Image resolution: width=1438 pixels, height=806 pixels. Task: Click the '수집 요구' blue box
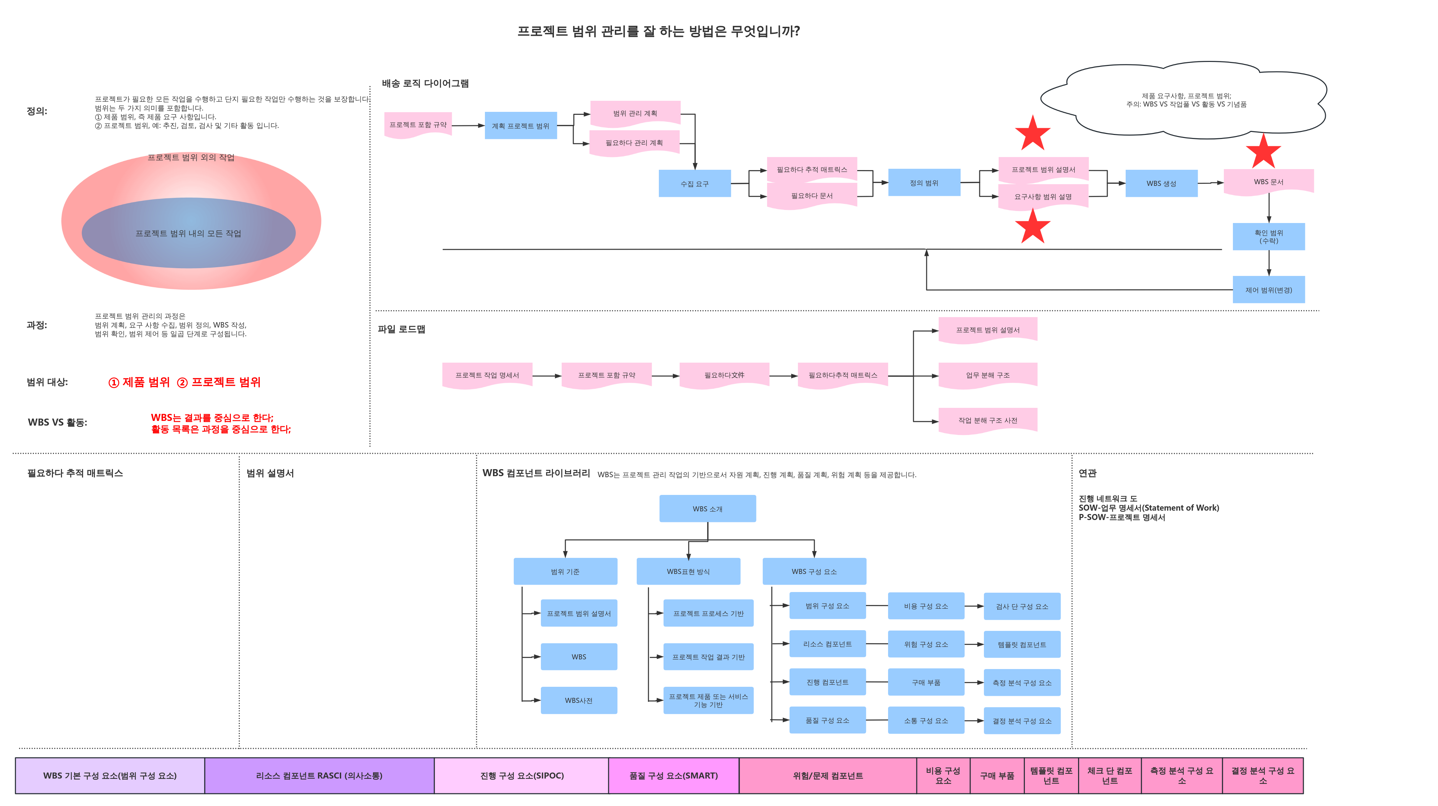click(694, 184)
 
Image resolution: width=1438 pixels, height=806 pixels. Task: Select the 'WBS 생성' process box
click(1161, 184)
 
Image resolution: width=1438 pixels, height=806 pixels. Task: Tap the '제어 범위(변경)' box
click(1268, 290)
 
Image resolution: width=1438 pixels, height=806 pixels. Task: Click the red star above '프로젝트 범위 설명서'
click(1033, 133)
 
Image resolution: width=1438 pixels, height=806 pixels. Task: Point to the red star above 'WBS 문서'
click(1263, 151)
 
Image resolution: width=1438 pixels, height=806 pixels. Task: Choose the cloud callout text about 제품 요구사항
click(1186, 100)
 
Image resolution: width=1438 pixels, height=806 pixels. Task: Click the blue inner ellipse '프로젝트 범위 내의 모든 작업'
click(189, 233)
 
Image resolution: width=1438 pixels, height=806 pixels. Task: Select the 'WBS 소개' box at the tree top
click(707, 509)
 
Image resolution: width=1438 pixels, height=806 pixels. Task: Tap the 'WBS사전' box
click(579, 700)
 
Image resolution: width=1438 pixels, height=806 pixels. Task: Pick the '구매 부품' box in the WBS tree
click(926, 682)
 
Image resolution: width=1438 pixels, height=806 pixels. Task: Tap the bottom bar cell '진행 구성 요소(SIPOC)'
click(521, 775)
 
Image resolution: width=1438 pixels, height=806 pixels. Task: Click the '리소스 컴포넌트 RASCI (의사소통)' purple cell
click(319, 775)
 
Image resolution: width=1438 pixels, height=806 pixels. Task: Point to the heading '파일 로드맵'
click(401, 329)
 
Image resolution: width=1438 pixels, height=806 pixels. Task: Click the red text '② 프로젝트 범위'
click(219, 382)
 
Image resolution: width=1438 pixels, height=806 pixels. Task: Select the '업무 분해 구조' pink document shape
click(988, 375)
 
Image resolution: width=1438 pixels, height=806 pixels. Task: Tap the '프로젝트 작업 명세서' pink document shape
click(487, 375)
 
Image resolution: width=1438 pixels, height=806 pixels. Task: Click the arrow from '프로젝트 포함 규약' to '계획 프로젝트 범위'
click(468, 126)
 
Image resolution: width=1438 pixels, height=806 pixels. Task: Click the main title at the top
click(659, 31)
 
